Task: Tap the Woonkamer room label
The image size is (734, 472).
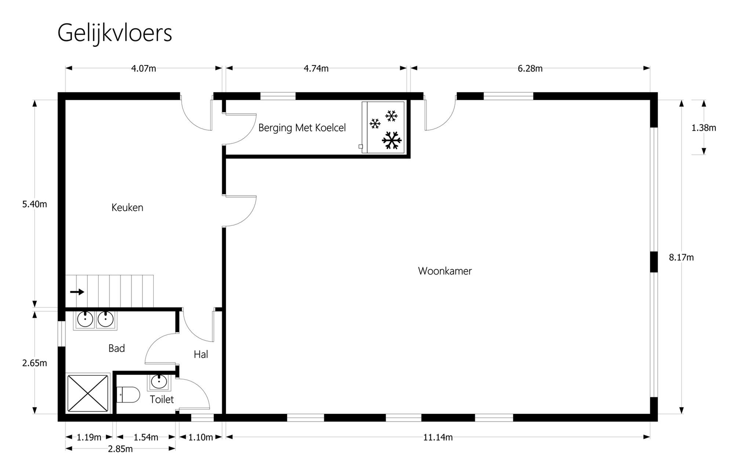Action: click(445, 271)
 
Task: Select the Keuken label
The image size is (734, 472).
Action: click(127, 208)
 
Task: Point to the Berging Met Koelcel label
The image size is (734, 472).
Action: click(302, 128)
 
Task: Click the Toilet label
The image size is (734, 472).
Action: click(161, 399)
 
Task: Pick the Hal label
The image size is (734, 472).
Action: click(201, 354)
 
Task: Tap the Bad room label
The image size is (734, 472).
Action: click(116, 348)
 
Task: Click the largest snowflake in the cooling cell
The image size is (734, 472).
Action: click(392, 140)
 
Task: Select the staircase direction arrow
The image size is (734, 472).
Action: click(77, 292)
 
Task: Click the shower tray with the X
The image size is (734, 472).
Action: click(88, 393)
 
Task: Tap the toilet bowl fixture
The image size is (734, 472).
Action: click(128, 395)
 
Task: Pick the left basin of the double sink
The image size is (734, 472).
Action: click(85, 320)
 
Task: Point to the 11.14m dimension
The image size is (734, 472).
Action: click(438, 437)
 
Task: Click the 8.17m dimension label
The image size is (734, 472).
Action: click(681, 257)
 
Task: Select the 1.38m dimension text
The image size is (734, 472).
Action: click(704, 128)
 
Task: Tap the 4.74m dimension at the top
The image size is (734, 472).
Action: click(316, 68)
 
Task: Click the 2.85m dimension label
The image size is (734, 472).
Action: click(120, 449)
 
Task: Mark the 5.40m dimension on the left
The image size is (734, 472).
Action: click(34, 204)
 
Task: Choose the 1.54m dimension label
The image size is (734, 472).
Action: click(146, 437)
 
